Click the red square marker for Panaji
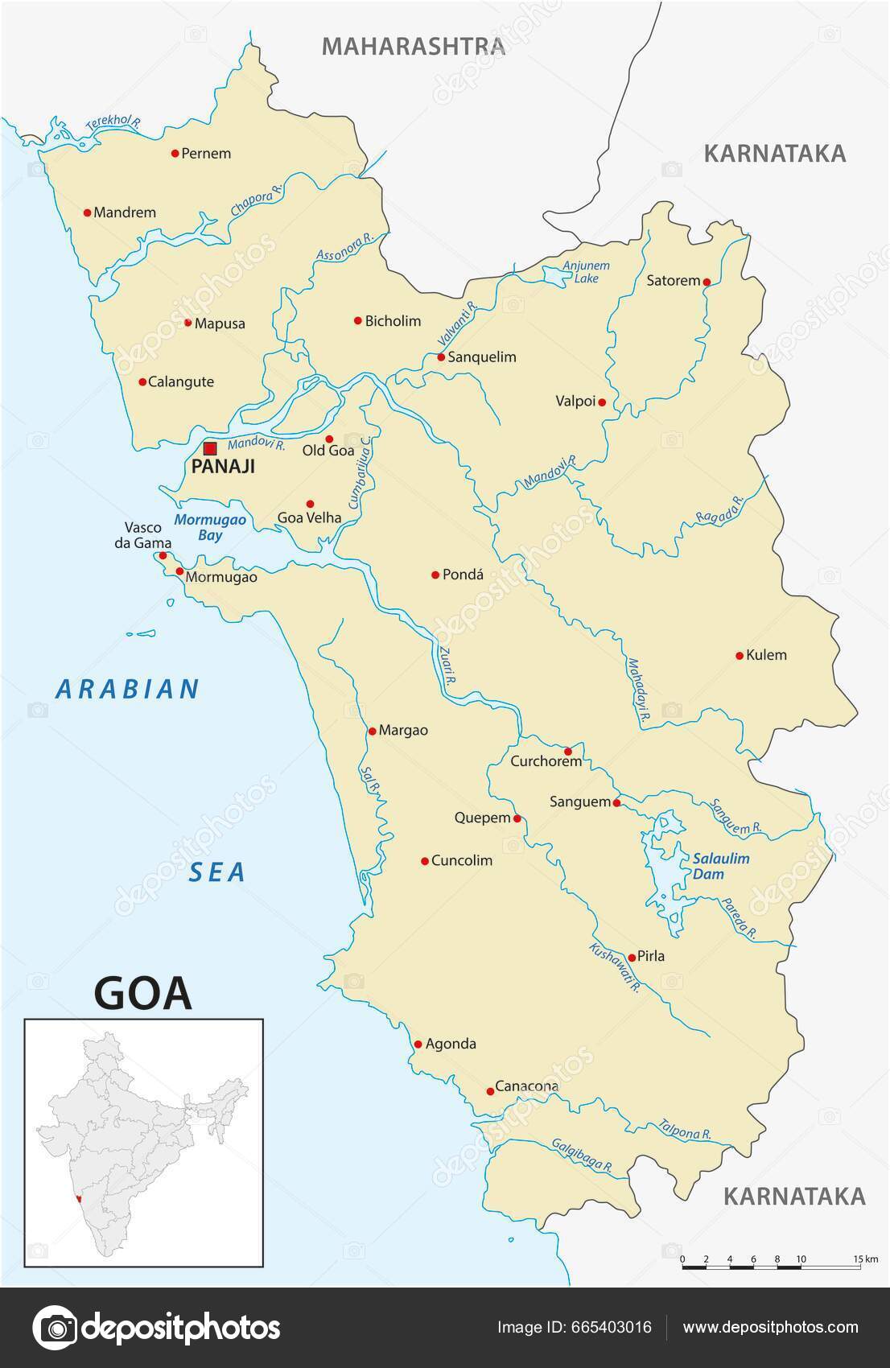pyautogui.click(x=210, y=449)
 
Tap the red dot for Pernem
pyautogui.click(x=175, y=153)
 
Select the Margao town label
pyautogui.click(x=403, y=731)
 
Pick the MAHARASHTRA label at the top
pyautogui.click(x=414, y=46)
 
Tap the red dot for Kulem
pyautogui.click(x=740, y=656)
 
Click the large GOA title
pyautogui.click(x=143, y=993)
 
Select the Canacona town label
pyautogui.click(x=526, y=1086)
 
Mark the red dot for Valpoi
pyautogui.click(x=602, y=402)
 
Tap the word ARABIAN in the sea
pyautogui.click(x=127, y=689)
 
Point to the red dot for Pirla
pyautogui.click(x=632, y=958)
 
